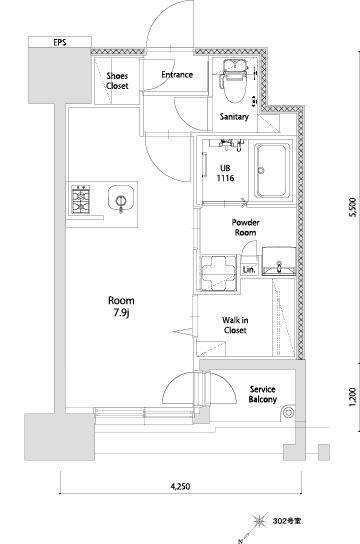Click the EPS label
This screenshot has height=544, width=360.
pos(60,43)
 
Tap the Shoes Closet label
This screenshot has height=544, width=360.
pos(117,81)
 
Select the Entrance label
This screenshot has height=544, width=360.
pos(177,74)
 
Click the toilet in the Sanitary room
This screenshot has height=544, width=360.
pos(235,81)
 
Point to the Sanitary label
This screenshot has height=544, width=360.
pos(234,117)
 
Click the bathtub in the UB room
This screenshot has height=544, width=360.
pos(272,171)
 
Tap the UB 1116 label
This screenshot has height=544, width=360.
pos(225,173)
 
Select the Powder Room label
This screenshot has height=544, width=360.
pos(246,227)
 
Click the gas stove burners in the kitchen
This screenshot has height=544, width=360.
pos(81,199)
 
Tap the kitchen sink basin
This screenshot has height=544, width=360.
pos(121,198)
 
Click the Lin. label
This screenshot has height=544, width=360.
pos(249,269)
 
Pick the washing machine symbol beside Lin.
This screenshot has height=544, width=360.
pos(217,272)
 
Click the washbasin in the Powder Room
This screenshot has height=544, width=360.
pos(279,261)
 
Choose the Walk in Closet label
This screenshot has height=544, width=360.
pos(235,325)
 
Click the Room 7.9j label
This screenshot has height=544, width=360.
pos(121,307)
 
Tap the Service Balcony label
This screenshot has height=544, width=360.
pos(263,394)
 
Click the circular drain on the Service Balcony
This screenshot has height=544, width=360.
pos(288,413)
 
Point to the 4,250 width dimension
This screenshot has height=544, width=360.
pos(180,486)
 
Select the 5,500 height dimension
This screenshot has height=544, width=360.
pos(352,207)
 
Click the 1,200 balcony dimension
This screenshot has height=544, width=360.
pos(352,397)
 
